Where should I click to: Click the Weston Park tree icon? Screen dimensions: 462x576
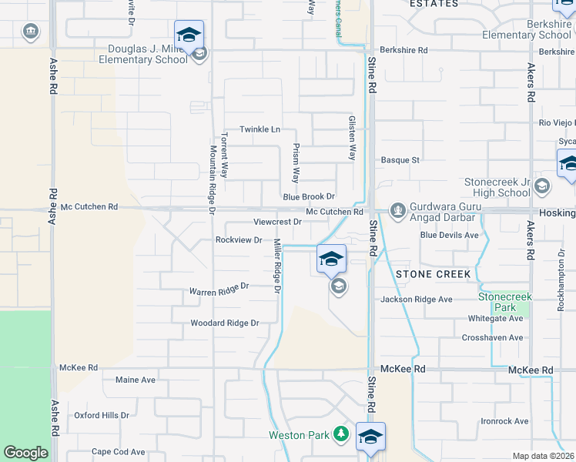pos(340,435)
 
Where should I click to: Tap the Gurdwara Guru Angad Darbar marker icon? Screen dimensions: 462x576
pos(397,209)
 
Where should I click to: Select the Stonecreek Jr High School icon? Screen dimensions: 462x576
pos(542,186)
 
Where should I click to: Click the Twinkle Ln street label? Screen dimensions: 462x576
pos(259,129)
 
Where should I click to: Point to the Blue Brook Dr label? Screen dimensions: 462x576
pos(309,197)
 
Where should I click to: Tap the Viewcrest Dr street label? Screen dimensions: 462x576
pos(276,222)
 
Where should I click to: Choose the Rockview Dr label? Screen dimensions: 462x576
pos(239,239)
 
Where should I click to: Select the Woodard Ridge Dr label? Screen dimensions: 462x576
pos(225,323)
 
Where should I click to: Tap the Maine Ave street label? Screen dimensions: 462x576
pos(136,380)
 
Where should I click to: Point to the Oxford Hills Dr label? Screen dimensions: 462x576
pos(102,415)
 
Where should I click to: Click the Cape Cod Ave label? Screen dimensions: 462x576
pos(119,452)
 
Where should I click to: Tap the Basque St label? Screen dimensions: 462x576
pos(400,160)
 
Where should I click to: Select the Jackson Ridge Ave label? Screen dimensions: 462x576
pos(416,300)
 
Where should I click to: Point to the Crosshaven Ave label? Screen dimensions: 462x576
pos(492,338)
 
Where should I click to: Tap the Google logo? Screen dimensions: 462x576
pos(25,453)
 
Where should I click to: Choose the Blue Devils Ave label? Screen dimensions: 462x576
pos(450,235)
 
